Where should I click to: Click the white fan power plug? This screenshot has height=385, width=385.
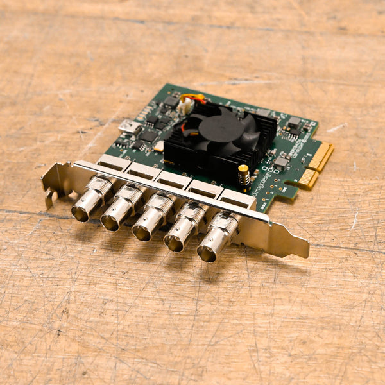tap(186, 107)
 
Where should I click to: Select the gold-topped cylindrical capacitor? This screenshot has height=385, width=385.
tap(244, 175)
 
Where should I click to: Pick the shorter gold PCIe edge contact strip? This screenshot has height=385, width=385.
tap(307, 179)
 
